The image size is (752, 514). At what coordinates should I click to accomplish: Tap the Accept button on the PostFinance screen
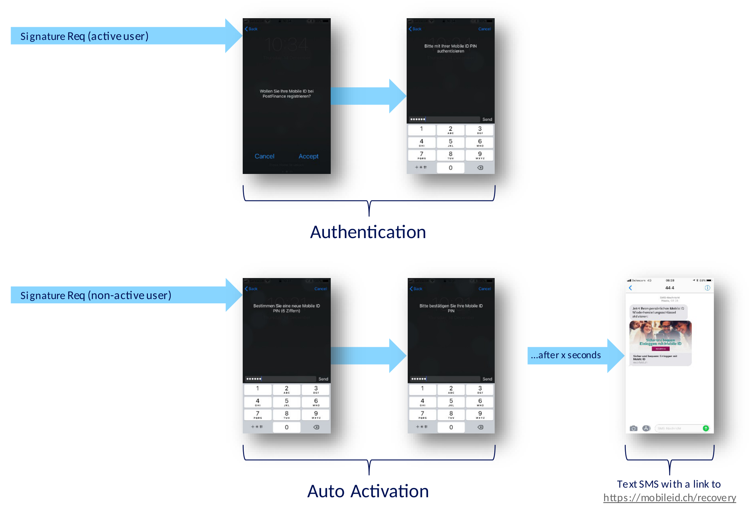point(308,156)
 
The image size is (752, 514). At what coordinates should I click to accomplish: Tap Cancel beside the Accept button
point(264,156)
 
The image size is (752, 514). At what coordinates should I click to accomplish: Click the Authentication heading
point(368,232)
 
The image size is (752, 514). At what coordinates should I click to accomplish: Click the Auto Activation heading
point(368,491)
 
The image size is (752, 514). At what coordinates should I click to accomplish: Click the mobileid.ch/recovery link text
point(669,498)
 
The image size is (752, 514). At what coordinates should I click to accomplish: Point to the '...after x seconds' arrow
point(570,355)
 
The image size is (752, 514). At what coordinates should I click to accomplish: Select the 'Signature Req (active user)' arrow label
point(84,36)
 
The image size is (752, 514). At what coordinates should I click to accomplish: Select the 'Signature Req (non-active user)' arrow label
point(96,295)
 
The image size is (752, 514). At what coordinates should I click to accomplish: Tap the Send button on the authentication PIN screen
point(487,119)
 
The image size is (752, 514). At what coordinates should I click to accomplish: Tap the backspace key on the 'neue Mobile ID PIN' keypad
point(316,427)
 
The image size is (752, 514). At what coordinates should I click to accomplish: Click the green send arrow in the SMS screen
point(705,428)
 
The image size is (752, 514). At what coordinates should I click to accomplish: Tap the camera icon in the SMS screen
point(633,428)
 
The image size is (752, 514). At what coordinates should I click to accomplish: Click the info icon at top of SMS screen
point(707,288)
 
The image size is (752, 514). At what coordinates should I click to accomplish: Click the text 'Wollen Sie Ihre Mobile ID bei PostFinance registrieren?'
point(287,94)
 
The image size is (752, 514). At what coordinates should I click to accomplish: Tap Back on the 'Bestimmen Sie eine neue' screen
point(251,289)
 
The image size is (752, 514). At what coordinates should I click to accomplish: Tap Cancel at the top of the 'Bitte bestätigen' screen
point(484,289)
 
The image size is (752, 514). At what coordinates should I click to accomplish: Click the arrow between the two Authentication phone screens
point(367,96)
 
